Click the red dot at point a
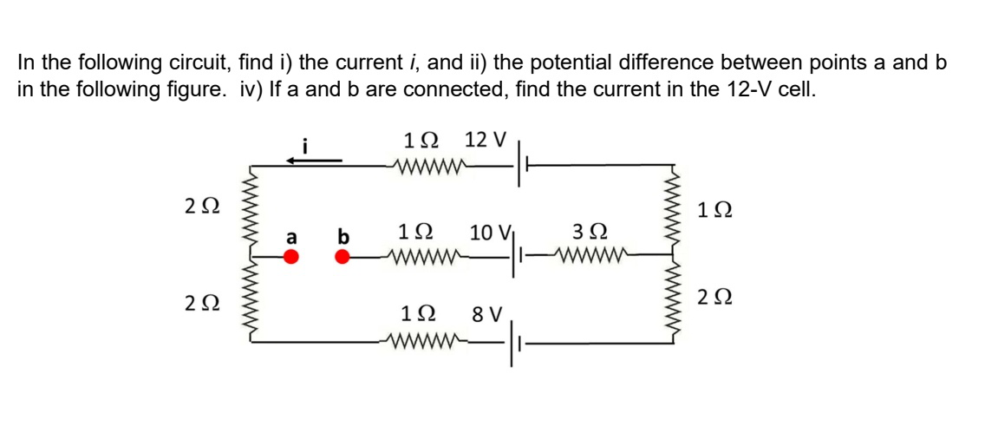pyautogui.click(x=292, y=256)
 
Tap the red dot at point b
pyautogui.click(x=343, y=256)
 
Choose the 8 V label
pyautogui.click(x=487, y=313)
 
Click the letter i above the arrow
pyautogui.click(x=303, y=141)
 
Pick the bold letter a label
pyautogui.click(x=292, y=236)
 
